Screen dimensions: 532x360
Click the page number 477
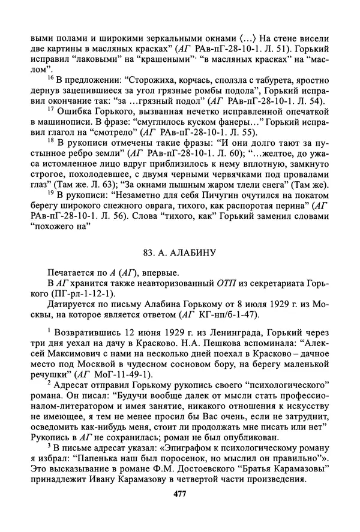pos(179,493)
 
